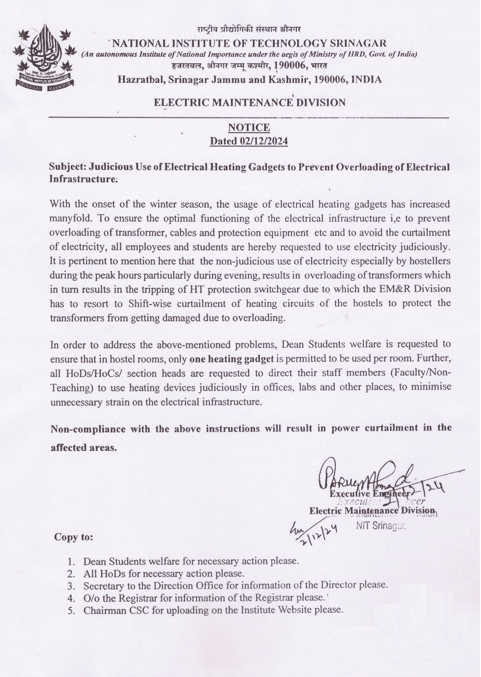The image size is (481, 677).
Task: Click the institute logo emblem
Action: (44, 56)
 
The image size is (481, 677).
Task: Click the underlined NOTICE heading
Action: (249, 128)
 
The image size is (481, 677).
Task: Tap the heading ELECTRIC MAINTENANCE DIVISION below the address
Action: (249, 103)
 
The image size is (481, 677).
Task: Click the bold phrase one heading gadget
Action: (231, 359)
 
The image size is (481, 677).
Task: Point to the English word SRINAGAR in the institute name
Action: (358, 43)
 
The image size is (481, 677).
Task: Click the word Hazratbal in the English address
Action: (141, 80)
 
